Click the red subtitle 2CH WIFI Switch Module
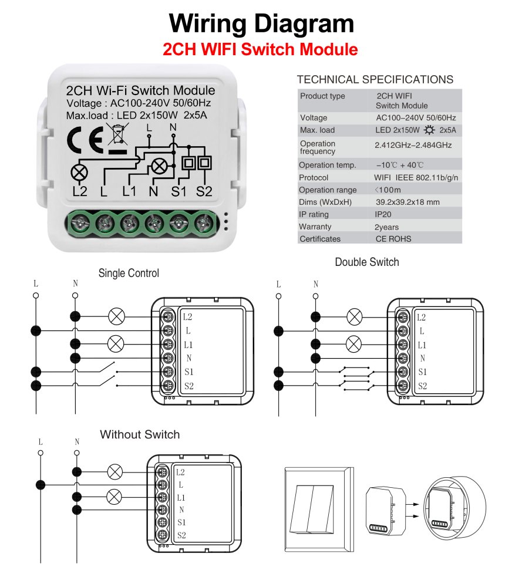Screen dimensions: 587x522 tap(260, 49)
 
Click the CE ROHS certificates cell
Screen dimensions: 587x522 tap(393, 239)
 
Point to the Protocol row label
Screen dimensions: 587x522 tap(314, 177)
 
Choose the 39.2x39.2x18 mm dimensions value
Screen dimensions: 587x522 tap(408, 202)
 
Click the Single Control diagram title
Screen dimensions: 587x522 tap(129, 273)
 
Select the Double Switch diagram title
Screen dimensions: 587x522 tap(367, 262)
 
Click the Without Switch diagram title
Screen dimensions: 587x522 tap(140, 435)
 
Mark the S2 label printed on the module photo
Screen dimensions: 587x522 tap(204, 191)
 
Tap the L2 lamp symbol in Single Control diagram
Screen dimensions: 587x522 tap(117, 317)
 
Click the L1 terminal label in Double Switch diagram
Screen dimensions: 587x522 tap(422, 345)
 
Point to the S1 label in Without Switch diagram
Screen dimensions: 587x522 tap(181, 522)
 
